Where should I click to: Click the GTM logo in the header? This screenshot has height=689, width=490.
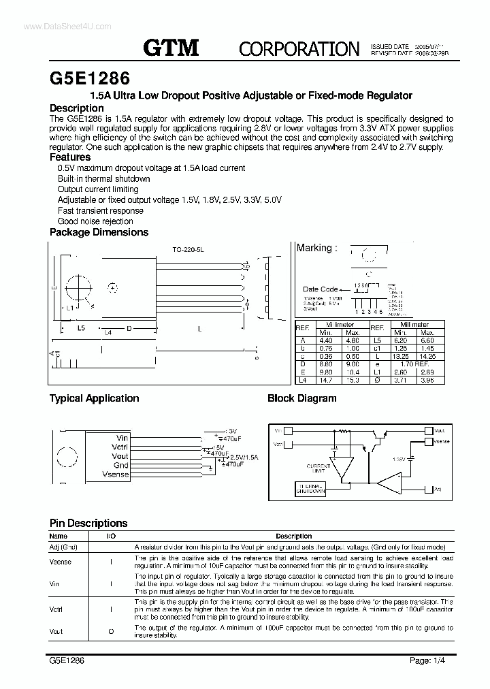click(x=171, y=47)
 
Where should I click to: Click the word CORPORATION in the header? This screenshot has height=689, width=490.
click(x=299, y=48)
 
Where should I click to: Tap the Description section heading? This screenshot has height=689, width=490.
click(x=77, y=108)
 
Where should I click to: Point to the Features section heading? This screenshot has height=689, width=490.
click(x=70, y=157)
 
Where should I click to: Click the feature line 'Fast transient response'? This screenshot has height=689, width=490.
click(x=100, y=211)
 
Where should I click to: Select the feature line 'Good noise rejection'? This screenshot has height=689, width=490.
click(x=95, y=221)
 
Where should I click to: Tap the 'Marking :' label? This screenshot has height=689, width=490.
click(x=316, y=248)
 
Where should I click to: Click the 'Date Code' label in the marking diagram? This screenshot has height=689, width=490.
click(x=321, y=289)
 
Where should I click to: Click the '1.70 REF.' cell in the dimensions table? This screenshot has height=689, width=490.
click(x=414, y=364)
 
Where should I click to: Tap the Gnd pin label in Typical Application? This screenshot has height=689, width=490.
click(x=120, y=465)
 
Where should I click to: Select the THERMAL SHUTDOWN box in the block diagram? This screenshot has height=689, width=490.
click(x=310, y=490)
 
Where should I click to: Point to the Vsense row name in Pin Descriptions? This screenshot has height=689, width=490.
click(x=61, y=562)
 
